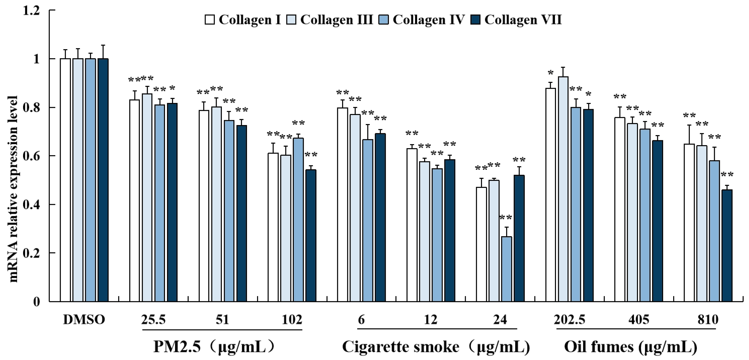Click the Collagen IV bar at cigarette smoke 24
507,269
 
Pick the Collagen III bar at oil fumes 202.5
563,189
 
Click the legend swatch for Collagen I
210,20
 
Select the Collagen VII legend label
523,20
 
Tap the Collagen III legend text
336,20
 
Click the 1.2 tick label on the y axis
33,11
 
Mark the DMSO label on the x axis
84,320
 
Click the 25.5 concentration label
153,320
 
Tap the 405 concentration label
638,320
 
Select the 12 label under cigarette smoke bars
431,320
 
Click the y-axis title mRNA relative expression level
14,189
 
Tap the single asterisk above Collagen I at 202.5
550,73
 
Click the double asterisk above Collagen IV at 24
506,218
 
